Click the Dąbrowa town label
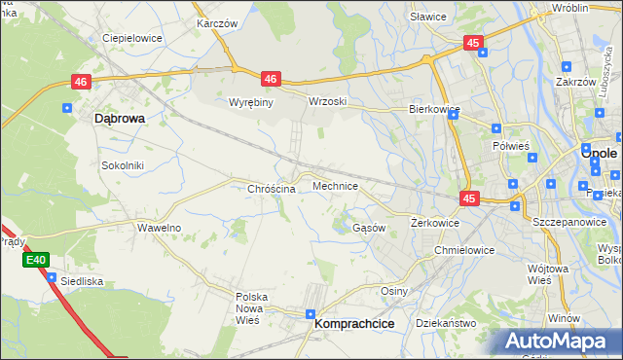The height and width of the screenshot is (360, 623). tap(120, 118)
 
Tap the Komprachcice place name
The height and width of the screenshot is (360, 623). tap(354, 326)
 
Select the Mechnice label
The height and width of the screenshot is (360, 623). tap(335, 185)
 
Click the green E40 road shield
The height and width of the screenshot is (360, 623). tap(36, 260)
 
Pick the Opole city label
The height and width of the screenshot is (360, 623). tap(600, 153)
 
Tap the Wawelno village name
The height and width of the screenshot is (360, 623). tap(160, 228)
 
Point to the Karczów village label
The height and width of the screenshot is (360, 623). tap(217, 21)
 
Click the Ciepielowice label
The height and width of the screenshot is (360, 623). tap(132, 38)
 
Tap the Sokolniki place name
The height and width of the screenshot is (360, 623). tap(123, 165)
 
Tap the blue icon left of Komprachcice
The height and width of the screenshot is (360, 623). tap(310, 315)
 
